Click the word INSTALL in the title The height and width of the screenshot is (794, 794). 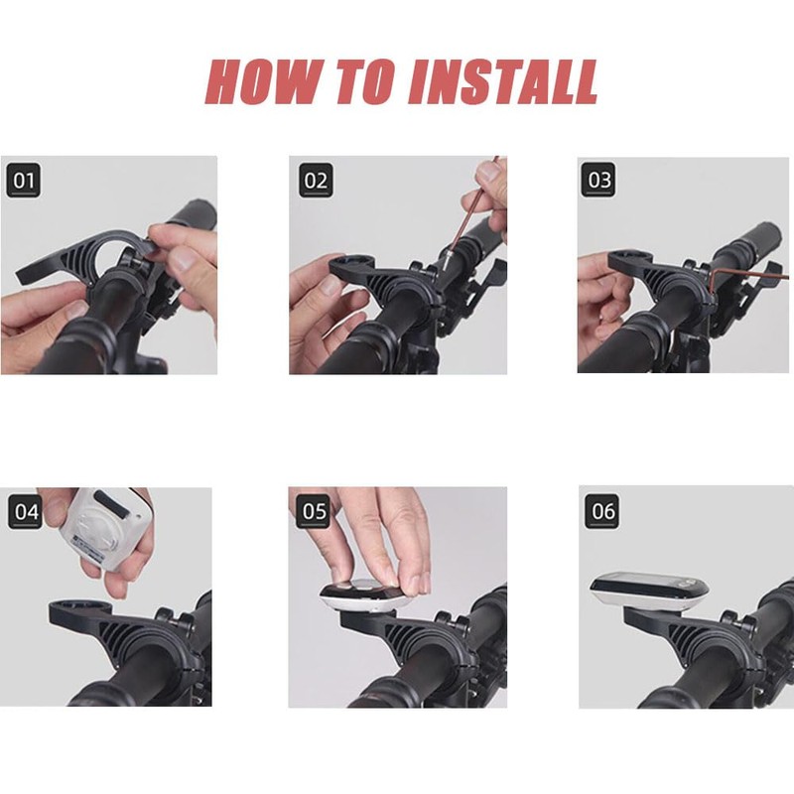point(503,81)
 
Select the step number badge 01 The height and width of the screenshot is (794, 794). point(23,181)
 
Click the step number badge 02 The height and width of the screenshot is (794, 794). point(316,181)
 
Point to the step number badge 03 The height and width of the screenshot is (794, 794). point(599,180)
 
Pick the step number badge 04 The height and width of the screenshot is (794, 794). point(26,511)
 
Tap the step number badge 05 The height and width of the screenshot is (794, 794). point(314,511)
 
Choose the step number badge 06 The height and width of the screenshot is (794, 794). point(602,511)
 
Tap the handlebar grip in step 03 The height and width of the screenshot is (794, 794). point(753,243)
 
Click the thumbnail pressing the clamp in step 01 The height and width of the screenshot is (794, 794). point(179,258)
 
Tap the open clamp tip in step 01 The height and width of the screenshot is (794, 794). point(23,275)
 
